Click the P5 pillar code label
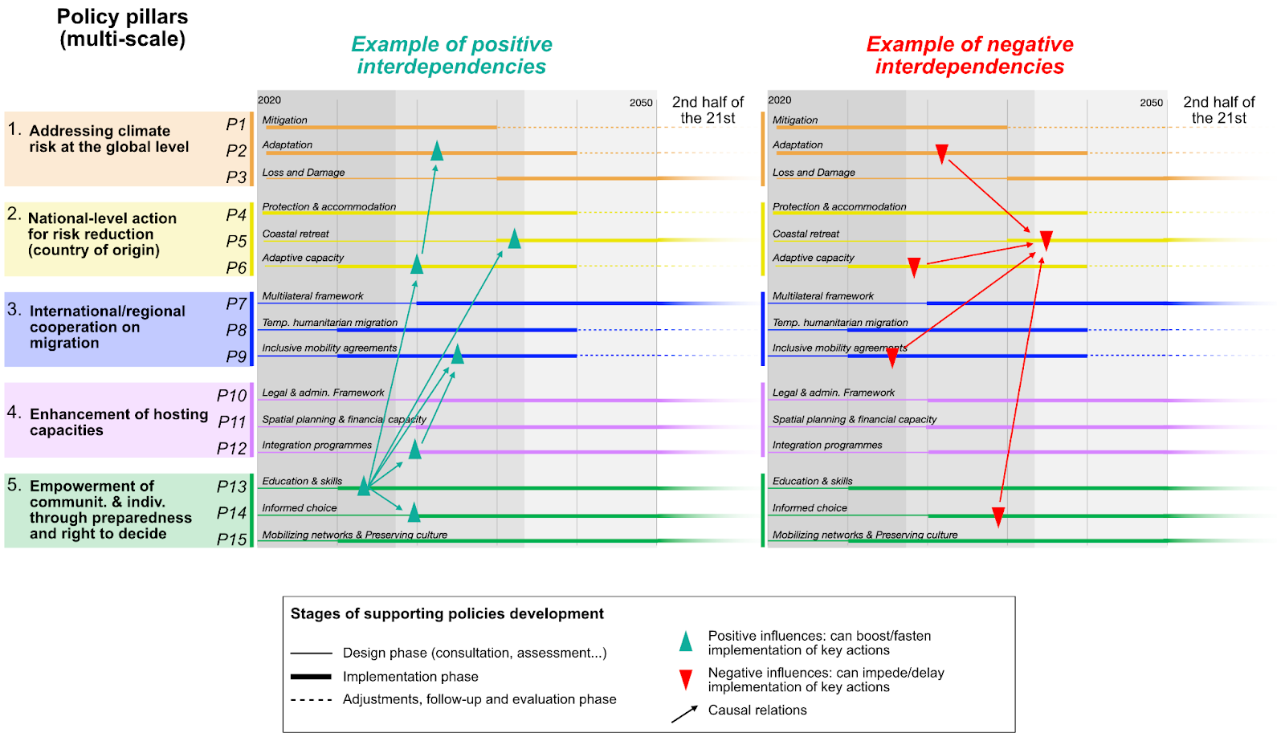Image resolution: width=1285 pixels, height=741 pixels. pos(236,241)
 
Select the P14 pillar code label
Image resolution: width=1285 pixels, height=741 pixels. pos(231,513)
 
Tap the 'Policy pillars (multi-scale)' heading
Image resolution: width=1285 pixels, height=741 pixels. pos(122,28)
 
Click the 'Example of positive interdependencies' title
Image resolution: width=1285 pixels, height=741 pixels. pos(451,55)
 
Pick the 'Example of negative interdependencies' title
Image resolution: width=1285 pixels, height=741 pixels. pos(969,55)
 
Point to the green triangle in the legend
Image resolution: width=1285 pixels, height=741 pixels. pos(686,641)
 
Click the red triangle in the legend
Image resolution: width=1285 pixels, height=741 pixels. pos(686,680)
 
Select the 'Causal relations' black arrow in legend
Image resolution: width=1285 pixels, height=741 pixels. pos(684,714)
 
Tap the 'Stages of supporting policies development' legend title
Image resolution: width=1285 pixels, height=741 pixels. pos(447,614)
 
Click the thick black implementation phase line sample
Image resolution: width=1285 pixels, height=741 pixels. pos(311,677)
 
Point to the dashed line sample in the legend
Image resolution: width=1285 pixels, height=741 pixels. pos(311,700)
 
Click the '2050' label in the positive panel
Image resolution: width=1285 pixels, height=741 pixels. pos(640,103)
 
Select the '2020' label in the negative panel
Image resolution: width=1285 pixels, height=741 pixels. pos(779,100)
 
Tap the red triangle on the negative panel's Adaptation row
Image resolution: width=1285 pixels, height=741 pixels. pos(942,153)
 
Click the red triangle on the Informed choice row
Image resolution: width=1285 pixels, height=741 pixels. pos(997,516)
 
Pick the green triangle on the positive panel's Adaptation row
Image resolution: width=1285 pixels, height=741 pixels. pos(437,151)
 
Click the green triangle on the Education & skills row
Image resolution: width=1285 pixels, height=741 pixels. pos(364,486)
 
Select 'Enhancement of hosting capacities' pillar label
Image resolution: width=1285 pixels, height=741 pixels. pos(119,422)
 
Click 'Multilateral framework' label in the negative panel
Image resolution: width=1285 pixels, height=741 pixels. pos(822,296)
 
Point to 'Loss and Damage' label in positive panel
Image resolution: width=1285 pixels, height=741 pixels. pos(303,173)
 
